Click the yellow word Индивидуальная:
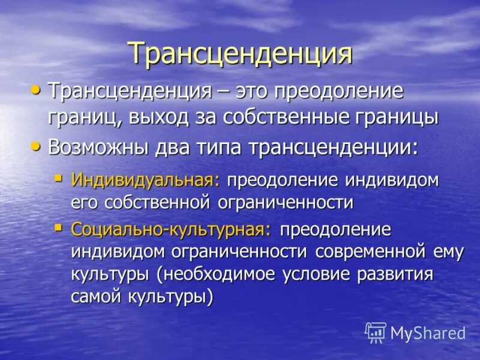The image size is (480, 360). [x=146, y=180]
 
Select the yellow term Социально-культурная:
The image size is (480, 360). [x=172, y=230]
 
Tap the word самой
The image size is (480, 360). [x=95, y=297]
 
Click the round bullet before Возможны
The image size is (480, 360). [x=37, y=146]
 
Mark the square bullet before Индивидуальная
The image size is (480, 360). [x=58, y=178]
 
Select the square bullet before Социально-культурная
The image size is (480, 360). [x=58, y=227]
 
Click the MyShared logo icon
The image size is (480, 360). [x=376, y=332]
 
